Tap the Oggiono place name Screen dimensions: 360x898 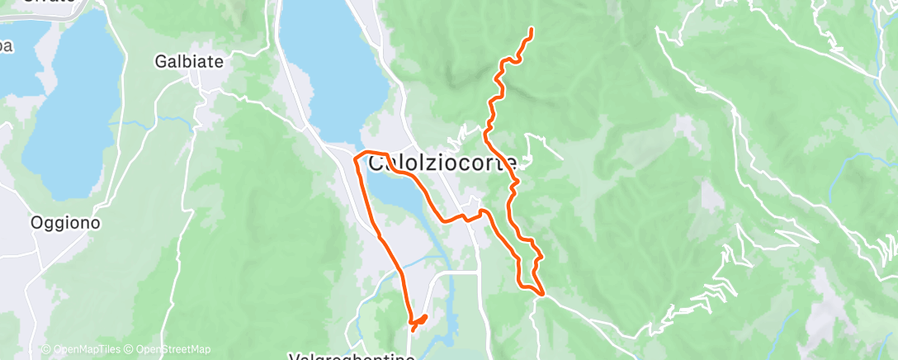point(65,222)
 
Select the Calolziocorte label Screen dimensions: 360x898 point(442,163)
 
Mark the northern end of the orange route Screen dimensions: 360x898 point(530,30)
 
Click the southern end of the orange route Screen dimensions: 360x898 point(413,330)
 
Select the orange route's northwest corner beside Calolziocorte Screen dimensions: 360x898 point(356,155)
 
